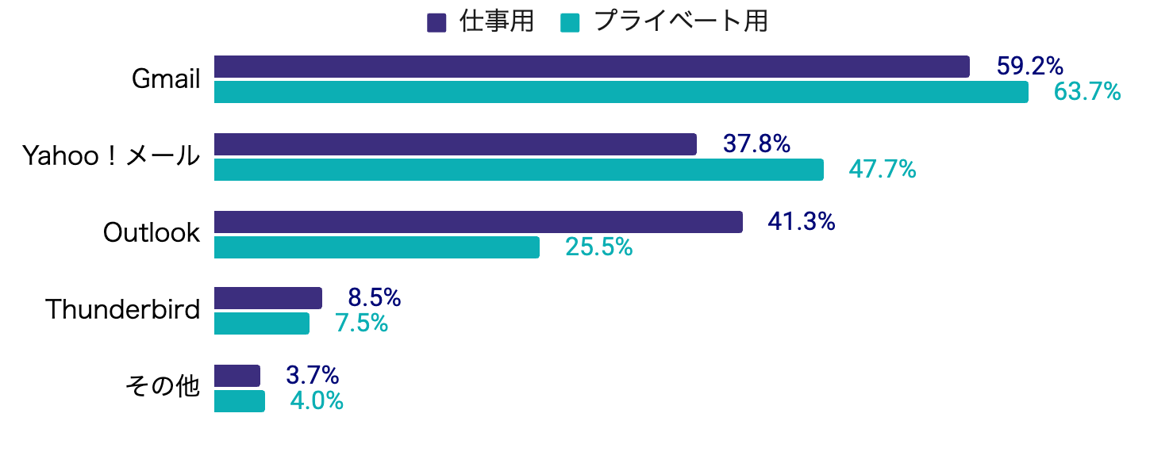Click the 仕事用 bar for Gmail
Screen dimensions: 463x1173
591,67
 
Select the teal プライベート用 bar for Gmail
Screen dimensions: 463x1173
621,92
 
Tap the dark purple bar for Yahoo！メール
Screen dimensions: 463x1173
455,144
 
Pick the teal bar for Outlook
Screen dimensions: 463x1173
376,247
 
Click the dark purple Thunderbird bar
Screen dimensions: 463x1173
267,298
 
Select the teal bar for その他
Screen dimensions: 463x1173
239,401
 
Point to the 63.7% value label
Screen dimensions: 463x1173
1086,93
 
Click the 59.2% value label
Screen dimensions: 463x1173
1029,67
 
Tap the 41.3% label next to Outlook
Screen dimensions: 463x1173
801,222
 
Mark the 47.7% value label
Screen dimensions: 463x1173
882,170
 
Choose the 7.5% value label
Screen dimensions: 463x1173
361,323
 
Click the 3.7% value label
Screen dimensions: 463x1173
313,375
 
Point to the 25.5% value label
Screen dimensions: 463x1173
598,247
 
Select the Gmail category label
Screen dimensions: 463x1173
166,79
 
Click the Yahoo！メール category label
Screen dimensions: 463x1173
110,157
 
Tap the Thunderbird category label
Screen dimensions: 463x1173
123,309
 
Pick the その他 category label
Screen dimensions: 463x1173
163,387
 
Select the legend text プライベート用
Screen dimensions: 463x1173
680,22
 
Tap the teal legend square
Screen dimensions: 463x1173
569,23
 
